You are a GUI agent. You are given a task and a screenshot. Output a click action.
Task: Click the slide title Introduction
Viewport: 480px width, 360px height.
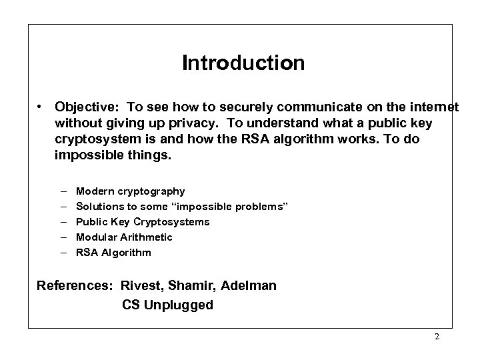[x=243, y=63]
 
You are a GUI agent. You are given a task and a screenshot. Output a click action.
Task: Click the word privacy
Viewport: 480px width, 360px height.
[x=209, y=123]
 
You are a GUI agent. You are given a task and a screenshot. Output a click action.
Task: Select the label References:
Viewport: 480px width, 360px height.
[x=75, y=286]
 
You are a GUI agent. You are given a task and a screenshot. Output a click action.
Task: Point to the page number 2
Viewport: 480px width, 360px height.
[x=437, y=337]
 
